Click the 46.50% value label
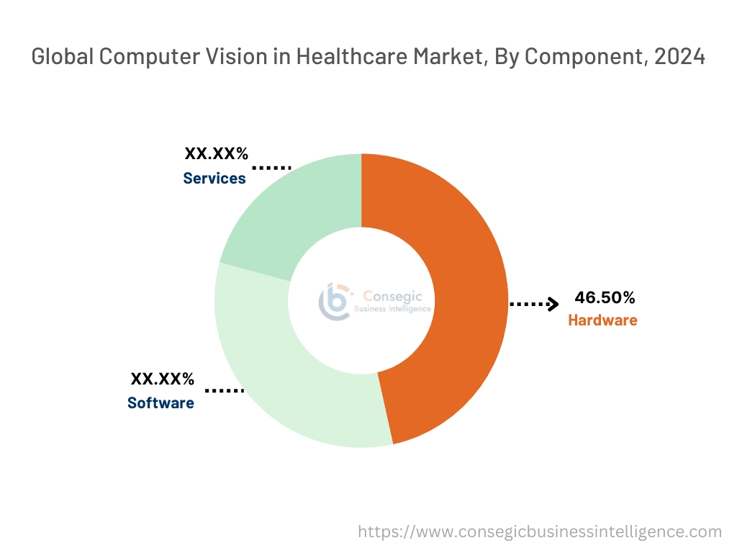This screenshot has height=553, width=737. click(605, 297)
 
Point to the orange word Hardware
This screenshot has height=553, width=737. click(602, 320)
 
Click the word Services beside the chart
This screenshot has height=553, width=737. click(214, 178)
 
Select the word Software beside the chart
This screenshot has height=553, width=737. click(160, 403)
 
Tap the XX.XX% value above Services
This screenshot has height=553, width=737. click(217, 153)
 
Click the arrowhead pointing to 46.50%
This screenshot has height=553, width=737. click(553, 304)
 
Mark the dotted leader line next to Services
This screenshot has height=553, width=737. click(271, 168)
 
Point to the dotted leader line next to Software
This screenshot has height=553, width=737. click(225, 390)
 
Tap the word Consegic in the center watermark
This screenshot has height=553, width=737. click(393, 295)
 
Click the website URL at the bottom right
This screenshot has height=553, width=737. click(540, 532)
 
